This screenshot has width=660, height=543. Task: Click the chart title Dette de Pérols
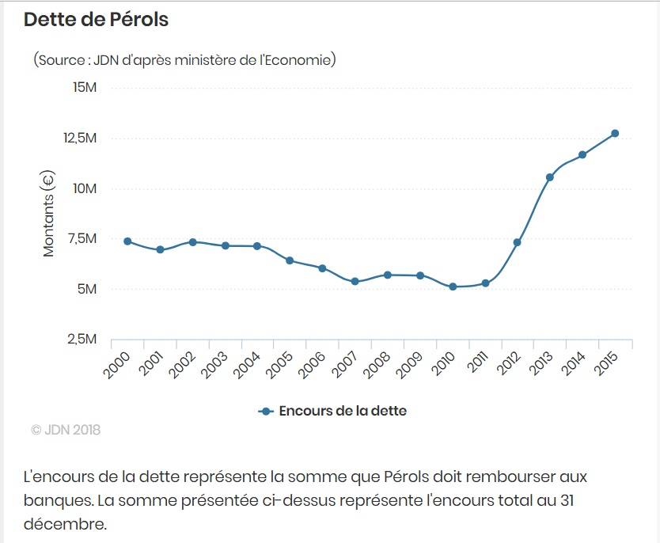coord(96,20)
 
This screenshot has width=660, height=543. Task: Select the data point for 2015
coord(614,133)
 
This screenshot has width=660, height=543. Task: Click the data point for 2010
coord(453,287)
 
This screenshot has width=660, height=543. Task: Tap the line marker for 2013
coord(550,177)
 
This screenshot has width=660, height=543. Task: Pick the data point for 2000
coord(127,241)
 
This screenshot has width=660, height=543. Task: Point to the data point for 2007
coord(355,282)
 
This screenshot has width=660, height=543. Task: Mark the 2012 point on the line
coord(517,242)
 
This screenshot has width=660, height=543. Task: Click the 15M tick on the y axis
coord(84,87)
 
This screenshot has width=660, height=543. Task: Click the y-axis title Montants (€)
coord(49,214)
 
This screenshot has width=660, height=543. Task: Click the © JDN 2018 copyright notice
coord(66,431)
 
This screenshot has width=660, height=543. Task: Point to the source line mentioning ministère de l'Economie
coord(184,60)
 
